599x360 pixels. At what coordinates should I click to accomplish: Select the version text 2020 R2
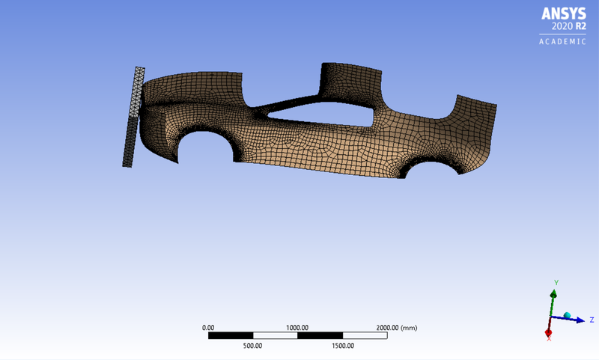[x=568, y=27]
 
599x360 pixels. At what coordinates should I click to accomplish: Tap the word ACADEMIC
[x=563, y=42]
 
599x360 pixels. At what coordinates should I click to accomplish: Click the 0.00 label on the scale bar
[x=208, y=328]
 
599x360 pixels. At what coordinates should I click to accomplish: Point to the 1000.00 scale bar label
[x=297, y=328]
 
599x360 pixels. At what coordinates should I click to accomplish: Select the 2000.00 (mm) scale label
[x=396, y=328]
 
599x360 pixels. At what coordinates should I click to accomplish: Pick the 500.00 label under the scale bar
[x=252, y=346]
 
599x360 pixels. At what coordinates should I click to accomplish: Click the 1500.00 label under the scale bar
[x=342, y=346]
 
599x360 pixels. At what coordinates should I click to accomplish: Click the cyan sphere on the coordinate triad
[x=567, y=315]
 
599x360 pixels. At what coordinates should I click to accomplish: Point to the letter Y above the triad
[x=556, y=282]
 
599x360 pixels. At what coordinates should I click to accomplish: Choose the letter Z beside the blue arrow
[x=592, y=320]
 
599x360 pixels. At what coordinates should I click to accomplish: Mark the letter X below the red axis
[x=549, y=340]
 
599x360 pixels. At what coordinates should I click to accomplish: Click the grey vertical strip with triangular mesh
[x=133, y=116]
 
